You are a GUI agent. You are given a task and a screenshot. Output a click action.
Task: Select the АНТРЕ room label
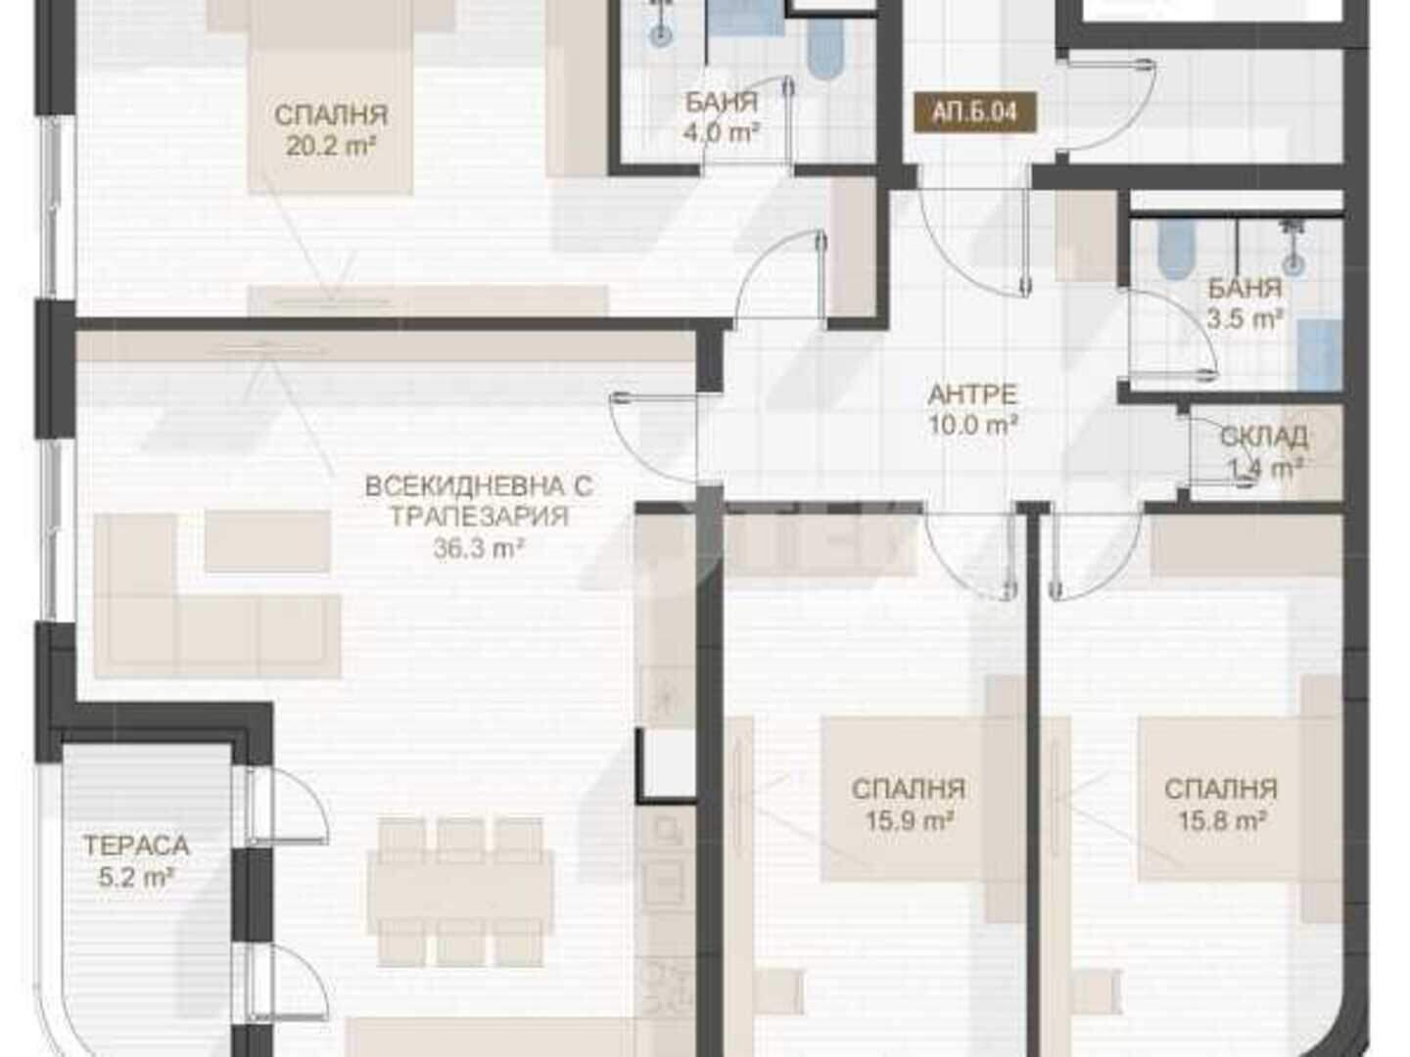pyautogui.click(x=973, y=394)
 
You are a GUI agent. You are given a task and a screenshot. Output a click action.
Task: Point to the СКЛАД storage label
pyautogui.click(x=1263, y=437)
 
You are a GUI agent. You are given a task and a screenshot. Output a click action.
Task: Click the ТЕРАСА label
pyautogui.click(x=136, y=846)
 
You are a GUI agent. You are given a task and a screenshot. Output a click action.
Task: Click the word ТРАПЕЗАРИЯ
pyautogui.click(x=480, y=517)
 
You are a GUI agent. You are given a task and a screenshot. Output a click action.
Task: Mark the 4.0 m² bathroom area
pyautogui.click(x=722, y=133)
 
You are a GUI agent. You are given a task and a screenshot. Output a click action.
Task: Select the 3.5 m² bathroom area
pyautogui.click(x=1245, y=319)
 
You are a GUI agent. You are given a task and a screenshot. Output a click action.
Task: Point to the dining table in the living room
pyautogui.click(x=460, y=893)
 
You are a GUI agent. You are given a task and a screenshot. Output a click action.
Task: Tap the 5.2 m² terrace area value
pyautogui.click(x=137, y=877)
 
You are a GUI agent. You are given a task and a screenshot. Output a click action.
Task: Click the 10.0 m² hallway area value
pyautogui.click(x=974, y=425)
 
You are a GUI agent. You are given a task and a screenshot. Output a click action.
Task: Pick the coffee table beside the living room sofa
pyautogui.click(x=267, y=541)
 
